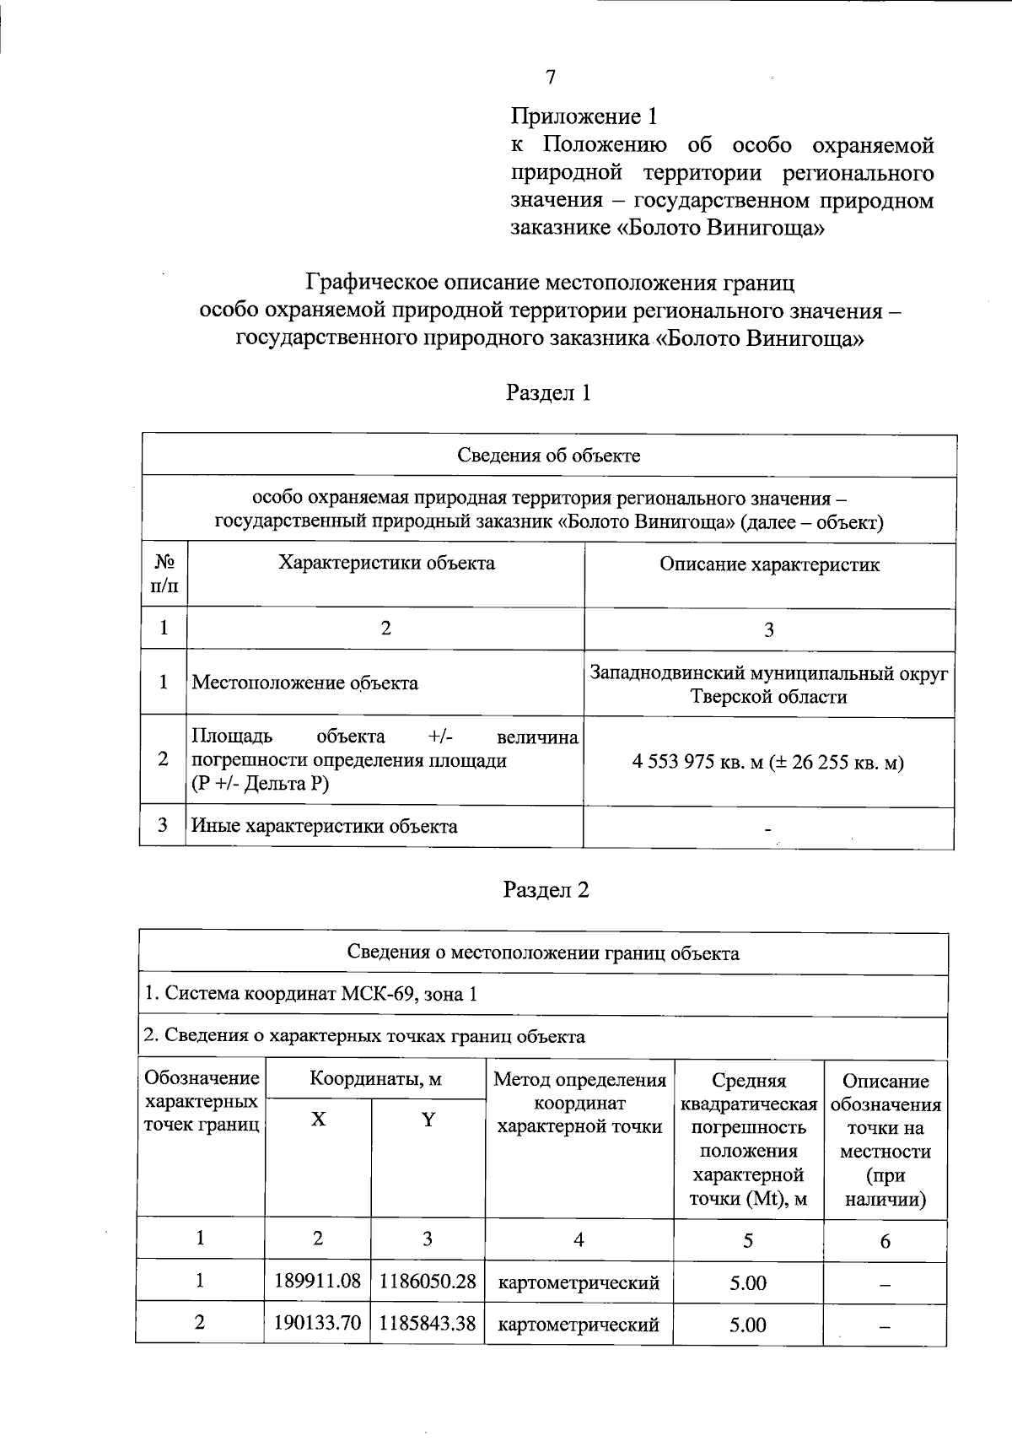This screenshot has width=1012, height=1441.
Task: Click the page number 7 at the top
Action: (551, 78)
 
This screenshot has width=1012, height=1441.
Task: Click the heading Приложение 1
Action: (584, 116)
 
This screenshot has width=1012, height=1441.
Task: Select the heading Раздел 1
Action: (547, 392)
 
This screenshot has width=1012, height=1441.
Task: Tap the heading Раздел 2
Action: (546, 890)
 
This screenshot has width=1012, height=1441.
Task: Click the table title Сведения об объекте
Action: (548, 456)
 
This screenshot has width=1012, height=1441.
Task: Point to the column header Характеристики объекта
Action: (386, 564)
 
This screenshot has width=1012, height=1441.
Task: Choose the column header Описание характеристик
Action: (769, 565)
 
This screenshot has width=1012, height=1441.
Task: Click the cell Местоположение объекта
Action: (304, 683)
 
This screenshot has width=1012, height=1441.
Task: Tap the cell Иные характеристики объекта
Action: (324, 826)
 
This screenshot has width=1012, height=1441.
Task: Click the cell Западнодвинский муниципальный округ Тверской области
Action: (768, 685)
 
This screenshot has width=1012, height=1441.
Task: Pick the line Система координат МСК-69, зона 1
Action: (310, 994)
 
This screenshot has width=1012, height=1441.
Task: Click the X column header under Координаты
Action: (318, 1120)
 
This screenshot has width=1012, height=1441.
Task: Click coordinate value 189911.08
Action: (318, 1282)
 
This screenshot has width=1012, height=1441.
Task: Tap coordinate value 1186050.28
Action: (428, 1282)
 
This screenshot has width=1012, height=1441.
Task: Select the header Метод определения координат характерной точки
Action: (579, 1103)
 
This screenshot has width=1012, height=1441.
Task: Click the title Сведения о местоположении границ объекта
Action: (543, 953)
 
